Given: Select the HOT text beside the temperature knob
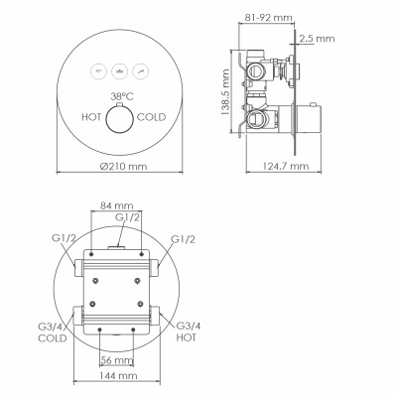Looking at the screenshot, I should [92, 116].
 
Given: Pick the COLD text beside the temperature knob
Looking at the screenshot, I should [151, 116].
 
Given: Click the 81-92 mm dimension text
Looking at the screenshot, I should [269, 17].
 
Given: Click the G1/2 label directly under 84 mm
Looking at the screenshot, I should [126, 216].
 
